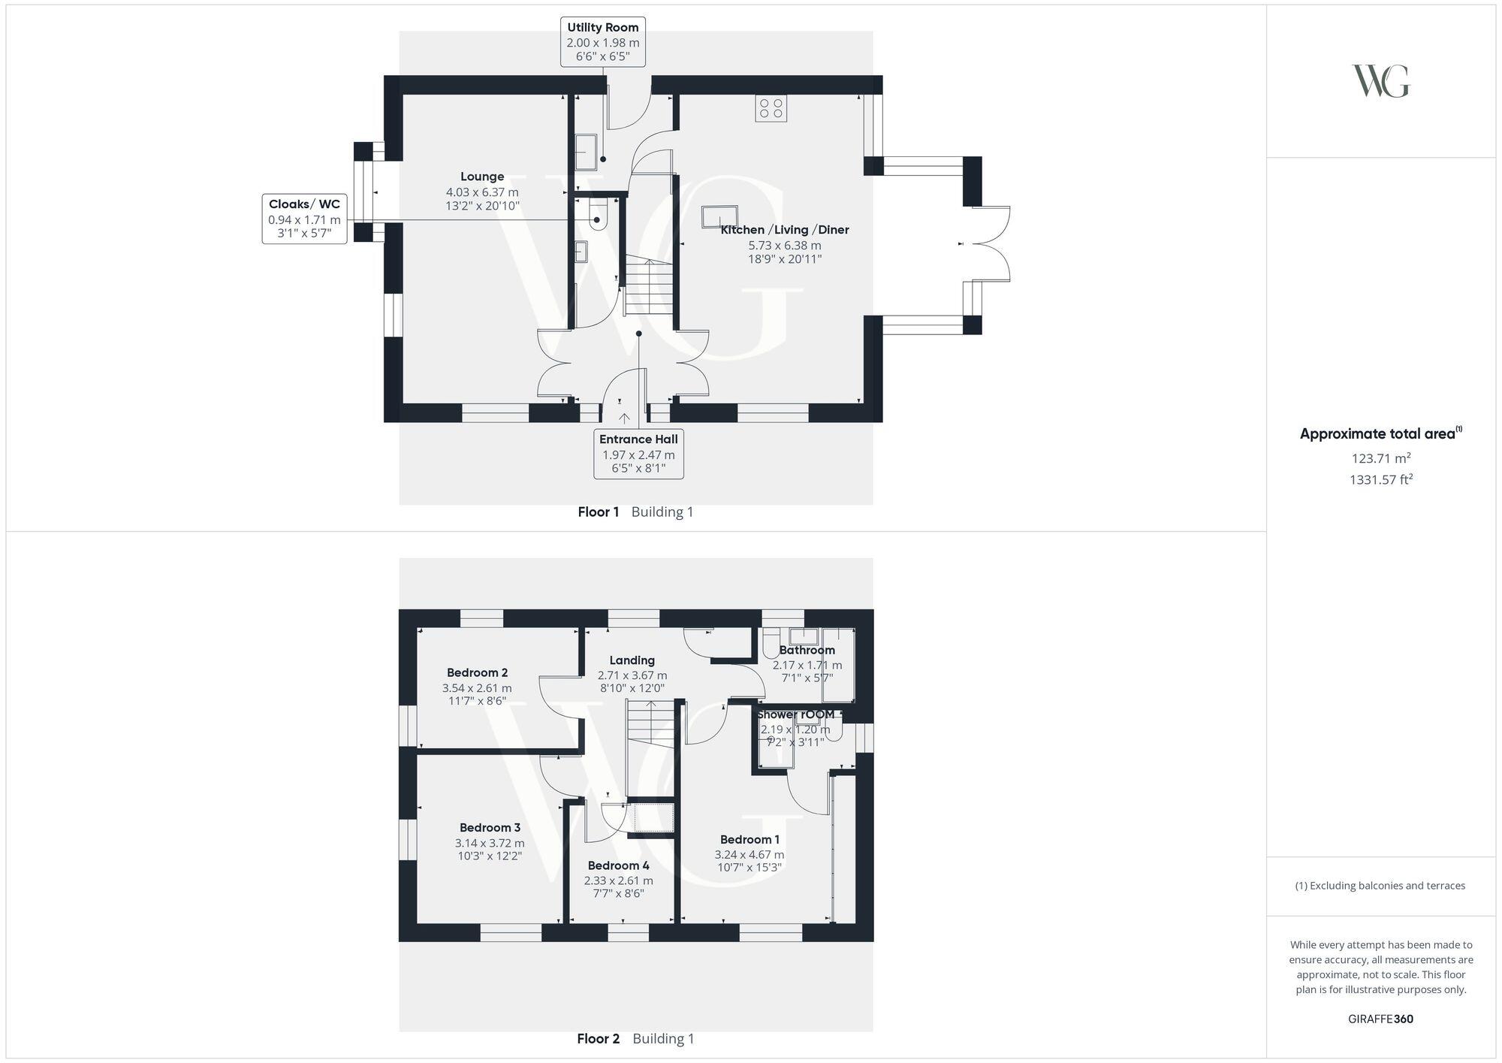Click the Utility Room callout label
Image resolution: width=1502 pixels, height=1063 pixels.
coord(603,42)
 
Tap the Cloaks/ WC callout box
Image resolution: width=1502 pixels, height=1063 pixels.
coord(304,219)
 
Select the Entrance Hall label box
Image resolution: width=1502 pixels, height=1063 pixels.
coord(638,454)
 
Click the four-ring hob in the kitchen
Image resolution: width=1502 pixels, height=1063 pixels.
coord(771,109)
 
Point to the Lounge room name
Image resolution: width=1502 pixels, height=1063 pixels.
coord(482,177)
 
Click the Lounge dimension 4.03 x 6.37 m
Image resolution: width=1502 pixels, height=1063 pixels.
coord(482,192)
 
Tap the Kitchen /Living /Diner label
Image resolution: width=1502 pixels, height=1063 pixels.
coord(785,230)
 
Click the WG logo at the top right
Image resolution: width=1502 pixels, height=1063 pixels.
coord(1380,81)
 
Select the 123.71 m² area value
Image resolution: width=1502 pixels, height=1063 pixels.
coord(1380,458)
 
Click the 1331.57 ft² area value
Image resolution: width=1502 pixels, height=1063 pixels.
coord(1380,479)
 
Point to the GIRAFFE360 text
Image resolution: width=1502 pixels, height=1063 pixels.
coord(1380,1019)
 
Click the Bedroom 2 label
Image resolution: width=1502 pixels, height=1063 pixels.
coord(477,672)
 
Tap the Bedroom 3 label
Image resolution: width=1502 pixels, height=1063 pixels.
coord(490,827)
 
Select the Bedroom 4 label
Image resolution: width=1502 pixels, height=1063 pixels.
coord(618,865)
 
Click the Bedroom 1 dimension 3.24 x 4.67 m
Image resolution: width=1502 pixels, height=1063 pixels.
coord(749,854)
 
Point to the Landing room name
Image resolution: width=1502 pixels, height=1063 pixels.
coord(632,660)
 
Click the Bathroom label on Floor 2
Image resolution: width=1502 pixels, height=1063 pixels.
coord(807,650)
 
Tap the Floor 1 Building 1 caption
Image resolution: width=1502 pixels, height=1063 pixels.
coord(635,512)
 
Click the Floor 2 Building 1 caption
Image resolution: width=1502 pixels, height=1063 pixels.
coord(635,1039)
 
